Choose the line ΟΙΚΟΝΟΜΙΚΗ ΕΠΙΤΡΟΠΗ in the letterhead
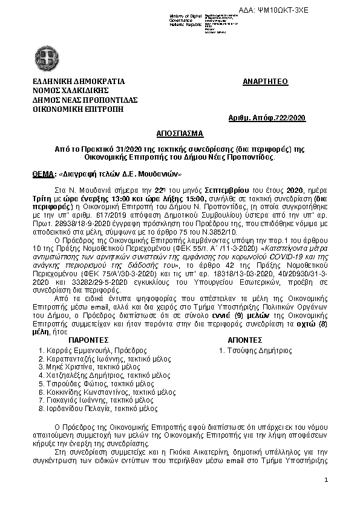(x=78, y=109)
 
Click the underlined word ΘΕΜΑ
(x=42, y=174)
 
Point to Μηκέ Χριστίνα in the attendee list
(x=65, y=367)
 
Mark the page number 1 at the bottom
(x=326, y=481)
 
